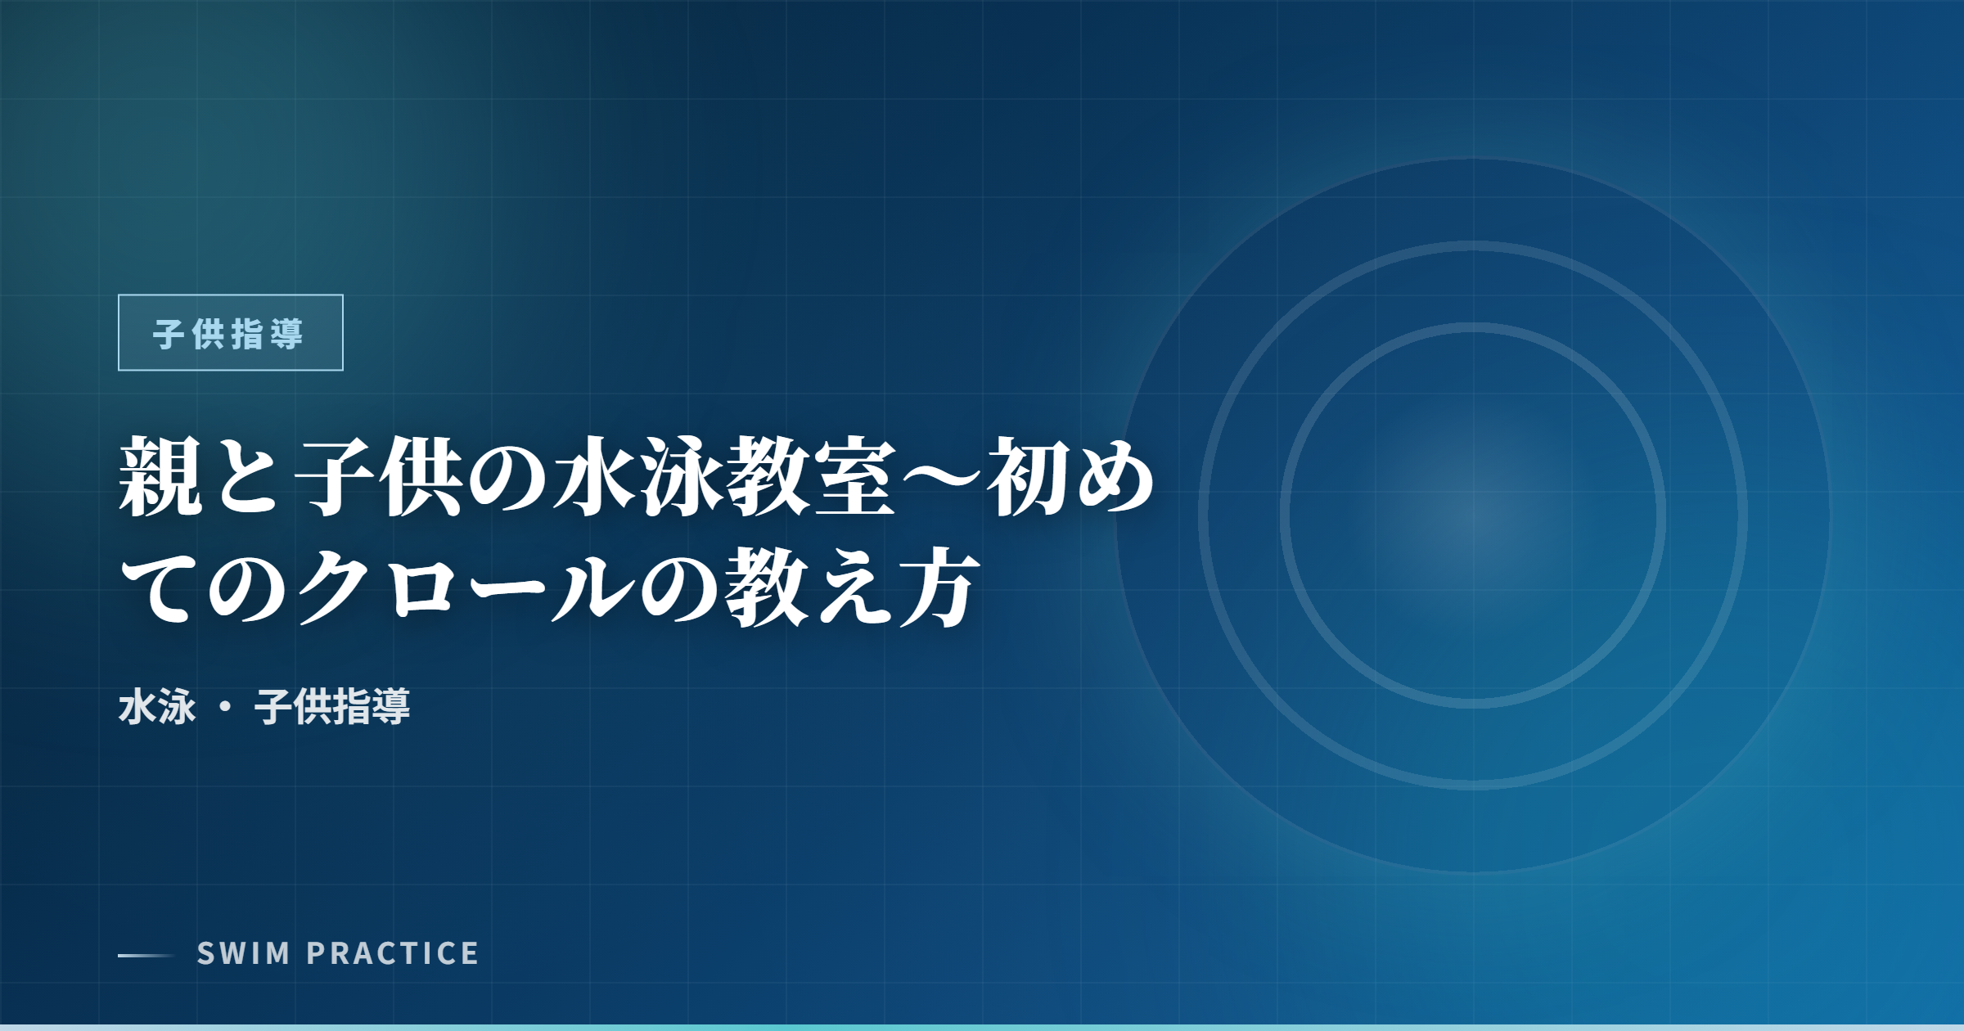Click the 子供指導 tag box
coord(230,332)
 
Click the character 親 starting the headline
coord(160,476)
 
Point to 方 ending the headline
coord(938,586)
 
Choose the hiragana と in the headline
coord(247,476)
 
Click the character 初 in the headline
coord(1026,476)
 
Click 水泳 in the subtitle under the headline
coord(157,707)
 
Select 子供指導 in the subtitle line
coord(332,707)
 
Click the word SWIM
coord(243,953)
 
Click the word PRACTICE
coord(393,953)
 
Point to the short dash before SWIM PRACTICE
coord(146,955)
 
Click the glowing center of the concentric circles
coord(1473,515)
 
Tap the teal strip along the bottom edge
coord(982,1027)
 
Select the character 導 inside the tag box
coord(286,334)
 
